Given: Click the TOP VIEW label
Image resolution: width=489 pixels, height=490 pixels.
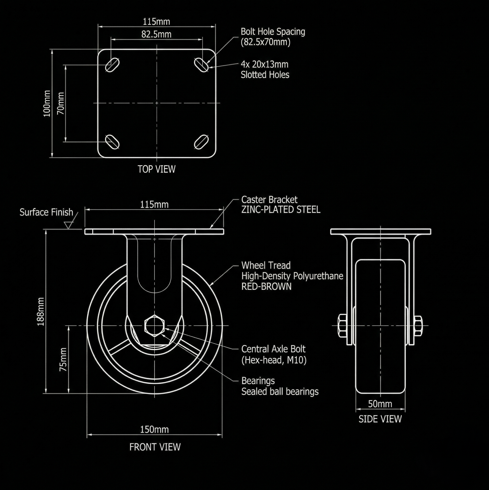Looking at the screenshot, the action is (156, 169).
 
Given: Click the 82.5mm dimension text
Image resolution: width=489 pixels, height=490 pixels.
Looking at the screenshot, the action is (156, 34).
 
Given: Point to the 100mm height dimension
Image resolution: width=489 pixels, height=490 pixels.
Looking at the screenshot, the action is (47, 103).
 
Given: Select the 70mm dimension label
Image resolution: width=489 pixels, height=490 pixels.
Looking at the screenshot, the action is (60, 103).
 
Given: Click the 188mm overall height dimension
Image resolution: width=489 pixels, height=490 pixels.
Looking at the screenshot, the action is (41, 312).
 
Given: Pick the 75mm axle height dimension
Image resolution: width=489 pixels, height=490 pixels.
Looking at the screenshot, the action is (63, 359).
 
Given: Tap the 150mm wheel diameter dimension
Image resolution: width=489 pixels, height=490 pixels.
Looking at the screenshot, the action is (154, 429).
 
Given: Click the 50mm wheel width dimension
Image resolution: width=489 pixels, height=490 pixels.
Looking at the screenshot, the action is (380, 404).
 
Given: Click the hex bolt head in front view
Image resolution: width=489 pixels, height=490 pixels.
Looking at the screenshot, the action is (155, 326).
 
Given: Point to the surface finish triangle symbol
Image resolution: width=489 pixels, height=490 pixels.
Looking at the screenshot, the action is (68, 225).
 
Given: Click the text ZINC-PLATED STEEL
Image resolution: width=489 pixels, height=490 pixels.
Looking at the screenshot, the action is (281, 209).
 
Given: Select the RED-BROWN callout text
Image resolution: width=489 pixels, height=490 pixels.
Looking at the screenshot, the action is (266, 286).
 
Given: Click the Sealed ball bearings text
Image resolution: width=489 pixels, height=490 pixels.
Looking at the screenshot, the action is (280, 391).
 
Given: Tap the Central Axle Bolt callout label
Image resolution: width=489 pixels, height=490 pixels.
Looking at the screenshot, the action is (273, 349).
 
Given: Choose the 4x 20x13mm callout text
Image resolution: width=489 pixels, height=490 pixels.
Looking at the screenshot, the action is (265, 64).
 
